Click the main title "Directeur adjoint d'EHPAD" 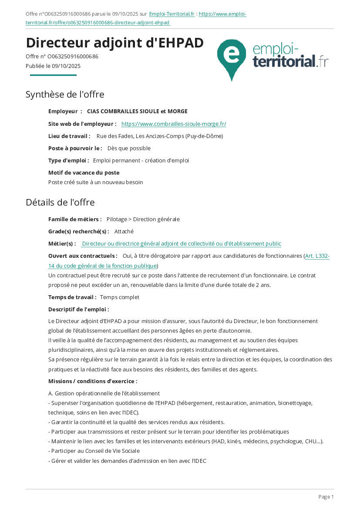(x=114, y=43)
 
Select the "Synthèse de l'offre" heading (x=65, y=94)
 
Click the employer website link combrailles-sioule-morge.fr (x=174, y=124)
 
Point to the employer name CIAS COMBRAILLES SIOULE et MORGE (x=137, y=111)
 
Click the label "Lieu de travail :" (x=69, y=136)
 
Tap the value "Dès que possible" (x=129, y=148)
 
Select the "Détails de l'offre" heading (x=60, y=202)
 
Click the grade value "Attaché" (x=124, y=232)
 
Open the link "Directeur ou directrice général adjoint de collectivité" (x=182, y=244)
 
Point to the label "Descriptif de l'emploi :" (x=78, y=310)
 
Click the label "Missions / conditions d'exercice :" (x=93, y=381)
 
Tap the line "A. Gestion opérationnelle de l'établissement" (x=104, y=394)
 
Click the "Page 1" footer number (x=326, y=497)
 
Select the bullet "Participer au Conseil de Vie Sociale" (x=95, y=451)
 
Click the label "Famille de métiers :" (x=75, y=219)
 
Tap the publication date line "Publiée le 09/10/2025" (x=53, y=66)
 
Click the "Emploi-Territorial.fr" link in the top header (x=172, y=14)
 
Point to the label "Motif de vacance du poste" (x=84, y=173)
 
